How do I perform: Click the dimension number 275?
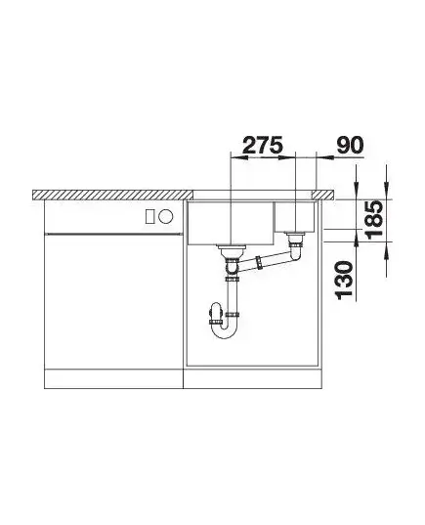(x=263, y=145)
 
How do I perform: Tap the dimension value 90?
(x=350, y=145)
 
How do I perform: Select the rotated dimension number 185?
(x=373, y=219)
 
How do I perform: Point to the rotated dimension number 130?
(x=344, y=281)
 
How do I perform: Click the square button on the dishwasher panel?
(x=149, y=216)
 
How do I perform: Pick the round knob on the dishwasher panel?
(x=166, y=216)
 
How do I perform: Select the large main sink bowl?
(x=231, y=223)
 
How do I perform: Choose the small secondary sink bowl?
(x=294, y=217)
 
